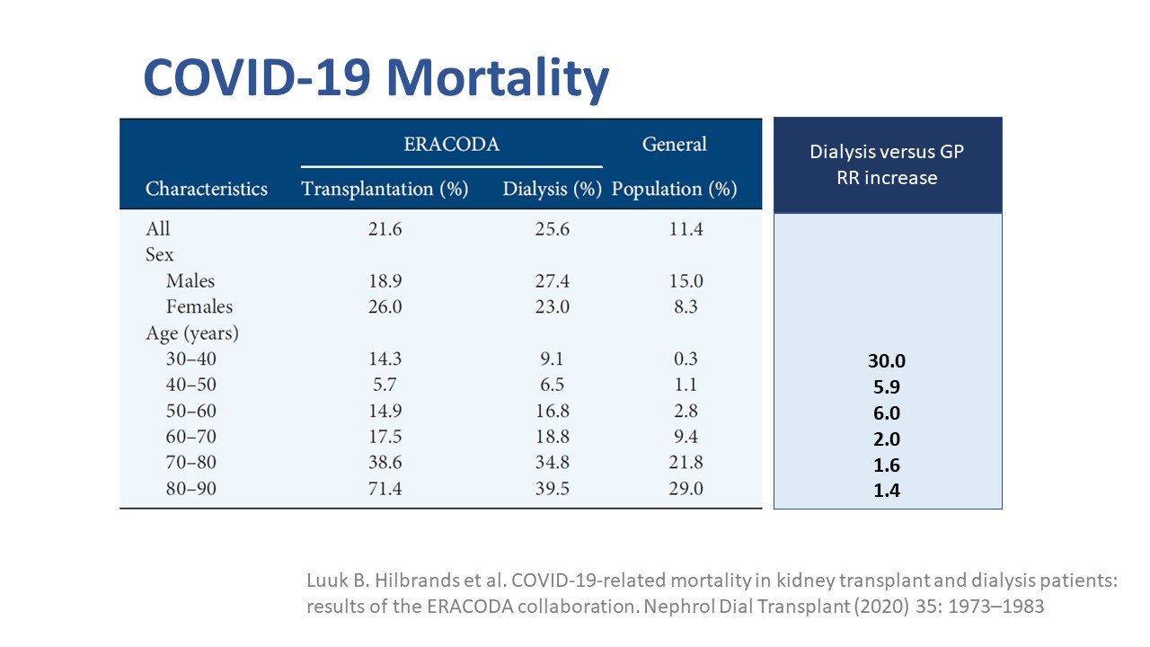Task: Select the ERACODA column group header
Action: (x=451, y=144)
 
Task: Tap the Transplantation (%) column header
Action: (x=385, y=189)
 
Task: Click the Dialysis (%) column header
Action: (x=552, y=189)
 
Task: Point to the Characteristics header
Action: (x=207, y=189)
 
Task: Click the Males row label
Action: (x=190, y=281)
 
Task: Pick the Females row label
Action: (x=199, y=307)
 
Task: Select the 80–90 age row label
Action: (x=191, y=490)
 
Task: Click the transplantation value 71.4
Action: (x=385, y=490)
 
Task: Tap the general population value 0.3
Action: (x=686, y=359)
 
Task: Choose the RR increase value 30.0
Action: (x=887, y=361)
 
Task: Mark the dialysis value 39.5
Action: (x=552, y=490)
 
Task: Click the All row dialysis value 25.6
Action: (x=552, y=229)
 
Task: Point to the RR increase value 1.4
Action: (x=887, y=491)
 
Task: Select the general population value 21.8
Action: (x=686, y=464)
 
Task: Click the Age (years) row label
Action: (x=192, y=333)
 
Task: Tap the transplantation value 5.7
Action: (x=385, y=385)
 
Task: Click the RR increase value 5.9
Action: (x=887, y=387)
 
